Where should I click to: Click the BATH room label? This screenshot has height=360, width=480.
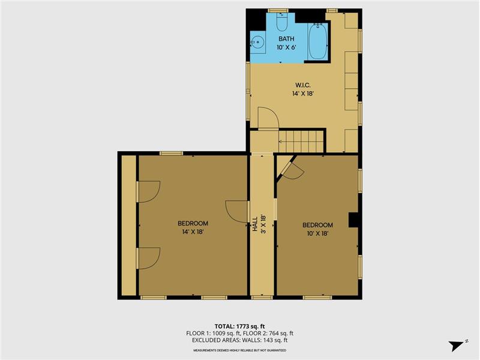pyautogui.click(x=286, y=39)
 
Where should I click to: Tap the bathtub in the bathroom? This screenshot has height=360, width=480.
pyautogui.click(x=318, y=41)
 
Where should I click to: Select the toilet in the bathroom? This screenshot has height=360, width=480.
pyautogui.click(x=282, y=22)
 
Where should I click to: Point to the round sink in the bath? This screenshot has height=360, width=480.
pyautogui.click(x=257, y=41)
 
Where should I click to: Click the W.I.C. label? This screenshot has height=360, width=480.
pyautogui.click(x=303, y=85)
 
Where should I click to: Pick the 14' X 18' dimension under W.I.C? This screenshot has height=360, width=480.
pyautogui.click(x=303, y=94)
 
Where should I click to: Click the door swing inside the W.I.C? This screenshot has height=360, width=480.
pyautogui.click(x=268, y=118)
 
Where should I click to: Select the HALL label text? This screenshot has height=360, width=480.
pyautogui.click(x=254, y=224)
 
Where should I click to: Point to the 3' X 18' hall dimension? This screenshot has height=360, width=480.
pyautogui.click(x=263, y=224)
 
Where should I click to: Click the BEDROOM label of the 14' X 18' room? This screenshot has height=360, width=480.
pyautogui.click(x=193, y=223)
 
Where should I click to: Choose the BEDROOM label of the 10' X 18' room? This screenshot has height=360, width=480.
pyautogui.click(x=317, y=225)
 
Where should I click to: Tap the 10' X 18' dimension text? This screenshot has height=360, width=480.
pyautogui.click(x=317, y=233)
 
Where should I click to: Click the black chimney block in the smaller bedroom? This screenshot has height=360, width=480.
pyautogui.click(x=353, y=220)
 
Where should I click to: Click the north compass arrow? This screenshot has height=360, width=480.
pyautogui.click(x=457, y=346)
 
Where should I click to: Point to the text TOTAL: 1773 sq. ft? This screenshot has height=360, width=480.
pyautogui.click(x=239, y=326)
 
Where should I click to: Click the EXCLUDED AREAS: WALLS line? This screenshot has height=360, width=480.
pyautogui.click(x=239, y=340)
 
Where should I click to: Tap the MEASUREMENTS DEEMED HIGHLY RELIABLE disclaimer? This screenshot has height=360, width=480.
pyautogui.click(x=239, y=350)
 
